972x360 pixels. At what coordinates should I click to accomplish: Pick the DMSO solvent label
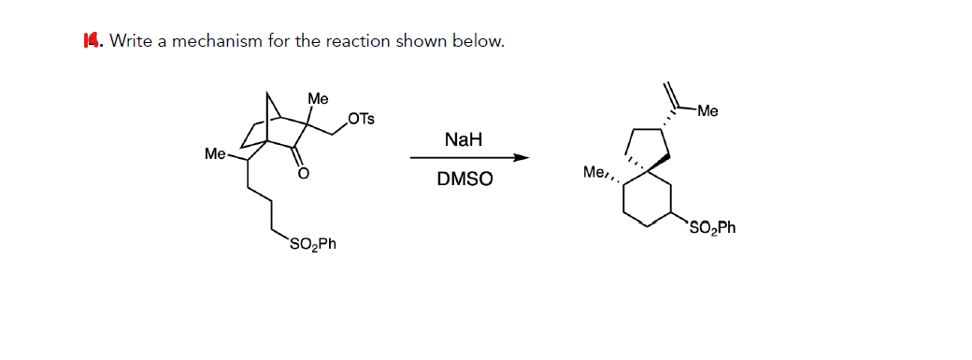click(x=465, y=178)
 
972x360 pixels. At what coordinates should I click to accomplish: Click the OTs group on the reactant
click(x=360, y=119)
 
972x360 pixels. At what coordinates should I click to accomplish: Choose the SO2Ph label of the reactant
click(x=313, y=245)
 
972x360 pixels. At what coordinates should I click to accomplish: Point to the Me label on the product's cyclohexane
click(x=594, y=172)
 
